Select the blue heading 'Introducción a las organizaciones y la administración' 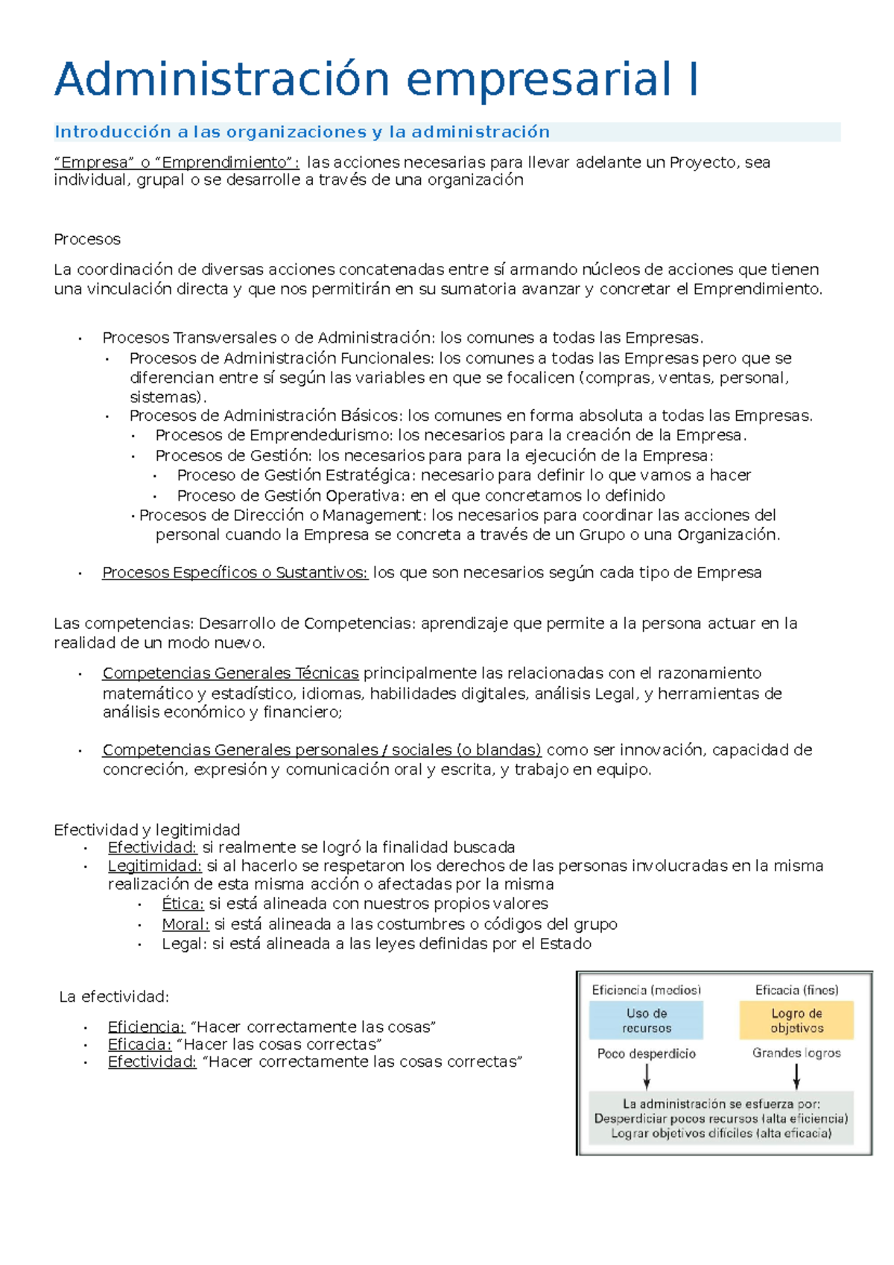302,132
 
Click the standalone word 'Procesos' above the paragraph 87,239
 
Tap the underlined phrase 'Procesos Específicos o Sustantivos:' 235,572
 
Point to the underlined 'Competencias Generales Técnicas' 230,673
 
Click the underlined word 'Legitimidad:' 154,866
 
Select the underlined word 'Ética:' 183,904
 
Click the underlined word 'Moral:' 186,924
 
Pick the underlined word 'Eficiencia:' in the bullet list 146,1027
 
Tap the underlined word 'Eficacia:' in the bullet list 139,1044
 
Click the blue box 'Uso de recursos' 646,1021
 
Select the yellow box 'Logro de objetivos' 796,1021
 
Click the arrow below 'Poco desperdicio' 647,1076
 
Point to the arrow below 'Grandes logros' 796,1076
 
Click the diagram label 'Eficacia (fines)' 796,990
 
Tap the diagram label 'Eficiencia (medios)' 646,990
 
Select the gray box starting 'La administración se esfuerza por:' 721,1118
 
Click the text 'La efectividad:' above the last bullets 114,997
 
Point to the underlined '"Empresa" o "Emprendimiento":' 177,162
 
